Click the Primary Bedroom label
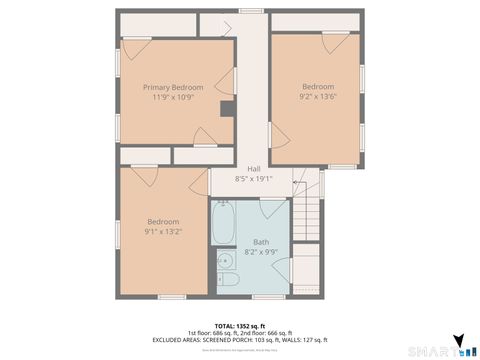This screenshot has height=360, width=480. point(173,87)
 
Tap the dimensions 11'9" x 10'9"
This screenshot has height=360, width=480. point(173,97)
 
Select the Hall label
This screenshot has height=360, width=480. point(254,169)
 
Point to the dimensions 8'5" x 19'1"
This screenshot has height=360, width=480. point(254,179)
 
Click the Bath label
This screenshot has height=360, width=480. point(261,241)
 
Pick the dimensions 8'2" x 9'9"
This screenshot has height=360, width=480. point(261,252)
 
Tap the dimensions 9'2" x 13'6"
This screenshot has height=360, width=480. point(318,97)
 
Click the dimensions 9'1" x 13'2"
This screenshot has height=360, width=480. point(163,231)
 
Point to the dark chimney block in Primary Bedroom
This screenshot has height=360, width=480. point(227,110)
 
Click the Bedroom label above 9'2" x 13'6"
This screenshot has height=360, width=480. point(318,87)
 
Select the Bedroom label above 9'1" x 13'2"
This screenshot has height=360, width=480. point(163,221)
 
